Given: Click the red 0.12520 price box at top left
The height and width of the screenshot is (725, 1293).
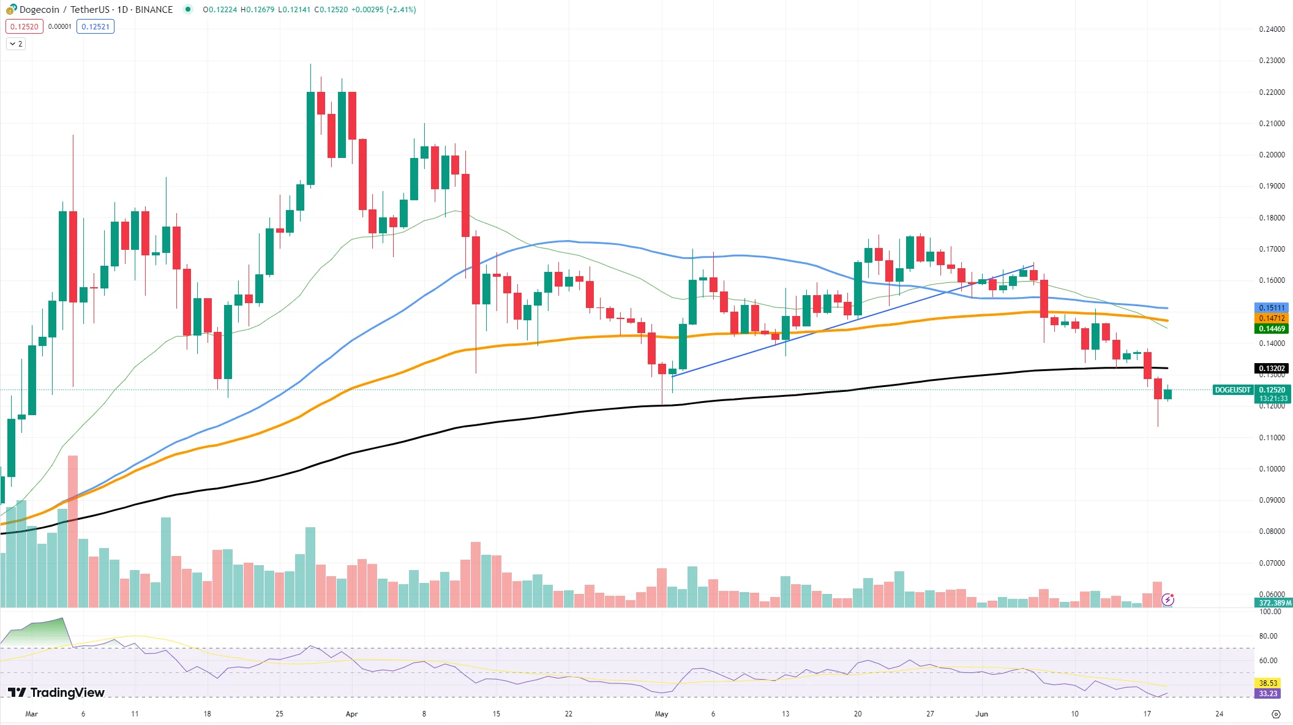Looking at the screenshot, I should click(x=24, y=26).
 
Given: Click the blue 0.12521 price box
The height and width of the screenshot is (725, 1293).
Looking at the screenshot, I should click(x=96, y=26).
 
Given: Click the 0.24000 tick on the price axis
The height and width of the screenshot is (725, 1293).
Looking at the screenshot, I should click(x=1272, y=29).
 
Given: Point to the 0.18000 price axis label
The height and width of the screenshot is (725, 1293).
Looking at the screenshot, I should click(x=1272, y=218).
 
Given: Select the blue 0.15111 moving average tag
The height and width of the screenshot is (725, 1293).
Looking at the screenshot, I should click(x=1272, y=308).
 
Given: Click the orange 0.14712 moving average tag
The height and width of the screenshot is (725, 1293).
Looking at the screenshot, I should click(x=1272, y=318).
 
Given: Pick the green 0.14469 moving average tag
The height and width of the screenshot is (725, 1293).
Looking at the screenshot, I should click(x=1272, y=329).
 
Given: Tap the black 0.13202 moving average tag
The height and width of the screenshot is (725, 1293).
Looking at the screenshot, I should click(x=1272, y=369).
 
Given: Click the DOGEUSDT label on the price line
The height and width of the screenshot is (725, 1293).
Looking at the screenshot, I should click(x=1232, y=390).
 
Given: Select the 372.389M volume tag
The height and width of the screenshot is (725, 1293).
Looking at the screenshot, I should click(x=1273, y=603).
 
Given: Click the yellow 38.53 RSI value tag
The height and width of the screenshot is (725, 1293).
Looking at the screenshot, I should click(x=1268, y=683).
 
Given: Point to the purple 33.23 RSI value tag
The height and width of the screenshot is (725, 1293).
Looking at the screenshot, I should click(x=1268, y=694).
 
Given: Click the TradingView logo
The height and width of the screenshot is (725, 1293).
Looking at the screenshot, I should click(x=56, y=693).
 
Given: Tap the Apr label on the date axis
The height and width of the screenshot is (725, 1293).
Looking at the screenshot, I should click(x=351, y=714).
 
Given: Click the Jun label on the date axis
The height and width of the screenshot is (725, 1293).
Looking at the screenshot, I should click(x=981, y=714).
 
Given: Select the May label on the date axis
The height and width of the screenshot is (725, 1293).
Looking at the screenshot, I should click(x=661, y=714).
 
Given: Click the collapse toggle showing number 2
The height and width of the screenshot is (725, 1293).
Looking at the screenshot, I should click(x=16, y=44).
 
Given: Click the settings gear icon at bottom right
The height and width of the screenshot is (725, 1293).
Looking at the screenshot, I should click(x=1276, y=714).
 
